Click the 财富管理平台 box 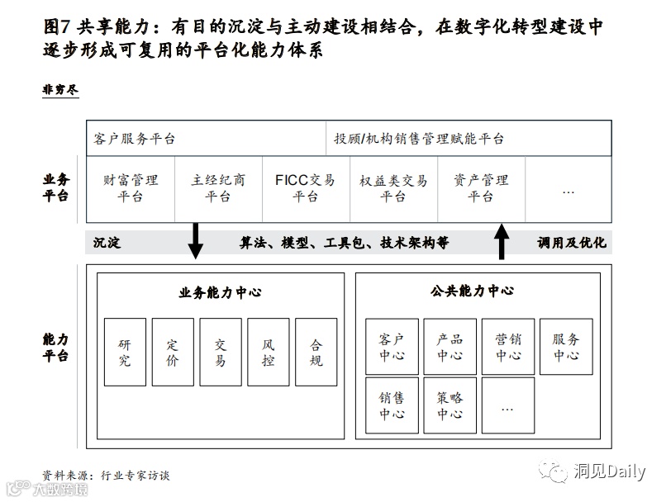[131, 188]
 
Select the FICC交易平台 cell [305, 188]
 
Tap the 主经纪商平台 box [218, 188]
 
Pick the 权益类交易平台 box [393, 188]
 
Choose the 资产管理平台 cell [481, 188]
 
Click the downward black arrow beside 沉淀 [196, 241]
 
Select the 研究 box [125, 353]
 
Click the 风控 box [268, 353]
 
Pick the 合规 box [316, 353]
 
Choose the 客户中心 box [392, 347]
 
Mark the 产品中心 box [450, 347]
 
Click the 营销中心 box [508, 347]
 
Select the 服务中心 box [566, 347]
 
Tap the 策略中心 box [450, 405]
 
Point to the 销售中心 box [392, 405]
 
